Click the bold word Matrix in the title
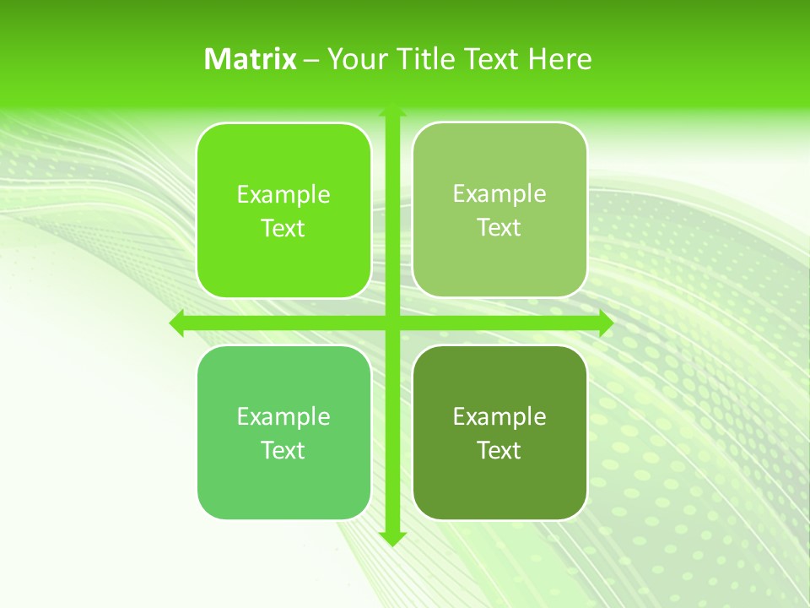click(251, 59)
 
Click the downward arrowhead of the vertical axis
click(392, 539)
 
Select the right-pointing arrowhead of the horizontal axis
click(605, 323)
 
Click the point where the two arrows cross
click(392, 323)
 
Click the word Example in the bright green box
click(283, 195)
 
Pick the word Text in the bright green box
click(283, 229)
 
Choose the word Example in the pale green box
click(499, 194)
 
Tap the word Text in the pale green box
click(499, 228)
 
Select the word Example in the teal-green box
click(283, 417)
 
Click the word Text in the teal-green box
click(283, 451)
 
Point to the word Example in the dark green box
click(499, 417)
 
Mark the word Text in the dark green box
click(499, 451)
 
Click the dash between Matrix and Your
click(311, 60)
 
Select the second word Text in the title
click(492, 59)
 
